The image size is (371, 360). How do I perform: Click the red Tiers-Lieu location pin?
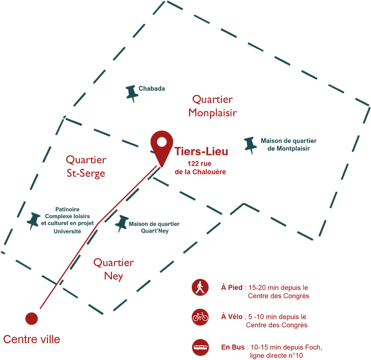click(162, 147)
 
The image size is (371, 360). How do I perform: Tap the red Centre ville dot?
click(31, 318)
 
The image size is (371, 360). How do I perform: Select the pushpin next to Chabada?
click(132, 93)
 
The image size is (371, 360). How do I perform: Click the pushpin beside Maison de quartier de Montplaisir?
click(250, 145)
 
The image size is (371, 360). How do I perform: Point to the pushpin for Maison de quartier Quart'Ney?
click(122, 223)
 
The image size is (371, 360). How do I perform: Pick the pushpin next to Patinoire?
click(34, 221)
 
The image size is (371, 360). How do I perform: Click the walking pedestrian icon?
click(200, 288)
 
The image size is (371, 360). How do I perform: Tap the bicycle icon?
click(200, 317)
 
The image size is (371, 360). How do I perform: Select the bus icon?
click(200, 347)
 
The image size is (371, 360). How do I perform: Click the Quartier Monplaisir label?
click(213, 106)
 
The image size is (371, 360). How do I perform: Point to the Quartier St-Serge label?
click(86, 166)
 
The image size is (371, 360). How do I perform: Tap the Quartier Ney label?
click(114, 270)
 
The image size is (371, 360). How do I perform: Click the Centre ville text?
click(31, 339)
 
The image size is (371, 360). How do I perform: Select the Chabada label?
click(152, 89)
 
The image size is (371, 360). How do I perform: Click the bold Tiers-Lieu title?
click(201, 151)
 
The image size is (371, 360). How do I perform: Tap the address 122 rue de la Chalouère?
click(200, 168)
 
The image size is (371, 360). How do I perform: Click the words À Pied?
click(232, 288)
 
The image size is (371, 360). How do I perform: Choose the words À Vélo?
click(232, 317)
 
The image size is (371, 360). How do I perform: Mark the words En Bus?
click(233, 347)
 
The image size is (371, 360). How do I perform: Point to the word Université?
click(67, 231)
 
